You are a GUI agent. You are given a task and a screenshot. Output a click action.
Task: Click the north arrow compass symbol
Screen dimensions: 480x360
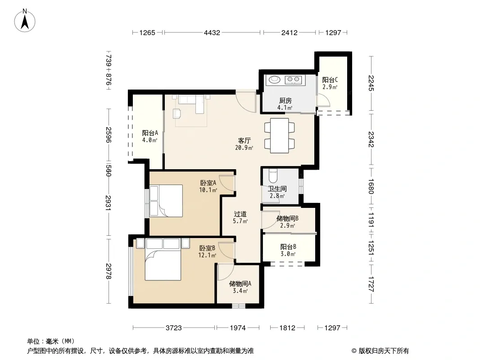[25, 21]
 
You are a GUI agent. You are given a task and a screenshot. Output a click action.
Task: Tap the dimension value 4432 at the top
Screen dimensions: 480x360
[212, 32]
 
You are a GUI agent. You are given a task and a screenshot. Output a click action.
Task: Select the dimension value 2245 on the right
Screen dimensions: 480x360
[371, 83]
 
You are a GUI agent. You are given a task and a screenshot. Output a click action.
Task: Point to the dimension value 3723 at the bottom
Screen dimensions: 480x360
[173, 328]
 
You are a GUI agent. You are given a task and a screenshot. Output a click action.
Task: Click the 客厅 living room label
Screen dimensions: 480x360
[245, 141]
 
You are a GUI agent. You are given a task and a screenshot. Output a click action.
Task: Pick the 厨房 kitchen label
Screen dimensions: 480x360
[285, 101]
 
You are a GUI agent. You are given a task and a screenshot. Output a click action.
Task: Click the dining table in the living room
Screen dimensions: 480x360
[279, 135]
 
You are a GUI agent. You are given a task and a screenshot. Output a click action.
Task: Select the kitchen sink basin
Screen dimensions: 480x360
[275, 80]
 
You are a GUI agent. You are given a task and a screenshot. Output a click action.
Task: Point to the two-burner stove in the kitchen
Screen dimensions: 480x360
[293, 80]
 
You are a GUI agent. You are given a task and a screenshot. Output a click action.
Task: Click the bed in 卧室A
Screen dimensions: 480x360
[166, 201]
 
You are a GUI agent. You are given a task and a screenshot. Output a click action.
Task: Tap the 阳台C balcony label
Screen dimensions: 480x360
[330, 80]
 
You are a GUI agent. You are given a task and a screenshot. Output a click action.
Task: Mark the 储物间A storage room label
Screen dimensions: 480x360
[240, 284]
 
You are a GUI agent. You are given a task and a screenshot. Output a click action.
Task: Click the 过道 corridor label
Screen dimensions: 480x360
[240, 214]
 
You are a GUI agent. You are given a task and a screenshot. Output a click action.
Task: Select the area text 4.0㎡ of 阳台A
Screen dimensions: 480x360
[149, 140]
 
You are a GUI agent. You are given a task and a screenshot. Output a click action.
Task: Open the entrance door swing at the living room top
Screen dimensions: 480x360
[246, 101]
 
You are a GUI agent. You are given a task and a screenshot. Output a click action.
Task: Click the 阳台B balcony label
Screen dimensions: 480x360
[288, 247]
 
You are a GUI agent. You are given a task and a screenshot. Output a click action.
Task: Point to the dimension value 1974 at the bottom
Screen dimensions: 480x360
[238, 328]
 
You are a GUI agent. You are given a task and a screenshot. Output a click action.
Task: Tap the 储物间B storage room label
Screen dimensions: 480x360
[287, 218]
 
